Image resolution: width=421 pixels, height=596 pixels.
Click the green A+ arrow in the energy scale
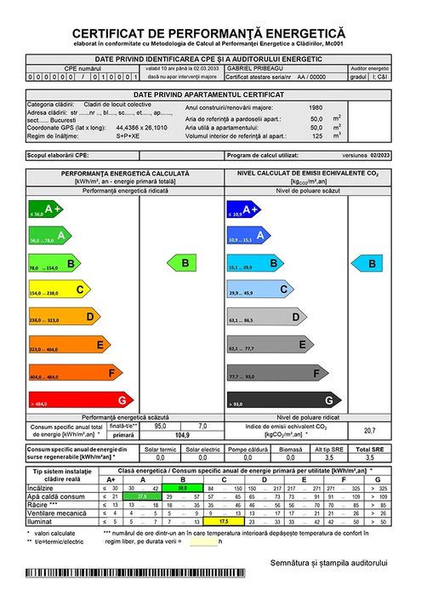pos(46,209)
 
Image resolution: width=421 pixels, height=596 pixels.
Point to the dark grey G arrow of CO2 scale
pos(281,399)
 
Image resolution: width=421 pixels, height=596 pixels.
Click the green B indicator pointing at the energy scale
pos(184,264)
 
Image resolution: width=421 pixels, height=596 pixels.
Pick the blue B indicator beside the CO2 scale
pos(371,264)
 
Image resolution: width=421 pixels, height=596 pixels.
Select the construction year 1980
pos(316,108)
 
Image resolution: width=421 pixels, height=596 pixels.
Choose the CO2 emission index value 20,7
pos(369,430)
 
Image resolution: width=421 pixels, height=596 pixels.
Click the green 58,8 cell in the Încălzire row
pos(182,487)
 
